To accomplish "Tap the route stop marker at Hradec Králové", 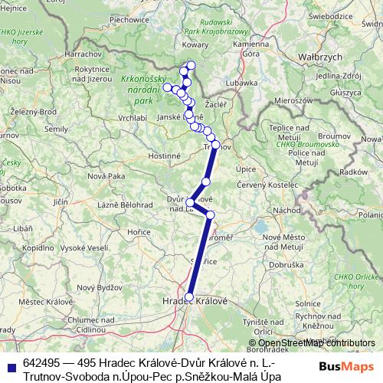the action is [189, 297].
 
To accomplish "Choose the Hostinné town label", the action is [164, 155].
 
